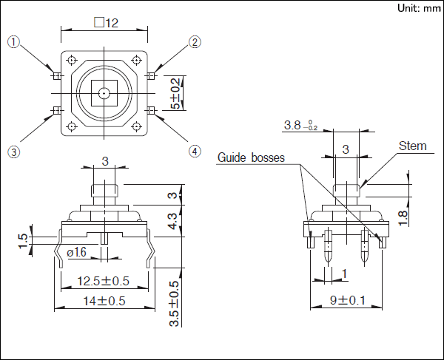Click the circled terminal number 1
pos(13,42)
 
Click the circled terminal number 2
pos(195,42)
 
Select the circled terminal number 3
pos(13,152)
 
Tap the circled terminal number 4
pos(195,152)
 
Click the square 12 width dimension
pos(107,23)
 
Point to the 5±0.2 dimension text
pos(175,92)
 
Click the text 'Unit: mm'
pos(418,8)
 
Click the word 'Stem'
pos(412,146)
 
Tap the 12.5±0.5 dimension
pos(104,281)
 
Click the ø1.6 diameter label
pos(78,253)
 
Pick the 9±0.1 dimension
pos(348,300)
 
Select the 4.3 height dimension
pos(172,221)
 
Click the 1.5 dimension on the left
pos(23,240)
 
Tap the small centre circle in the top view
pos(104,93)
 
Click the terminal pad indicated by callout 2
pos(151,76)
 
